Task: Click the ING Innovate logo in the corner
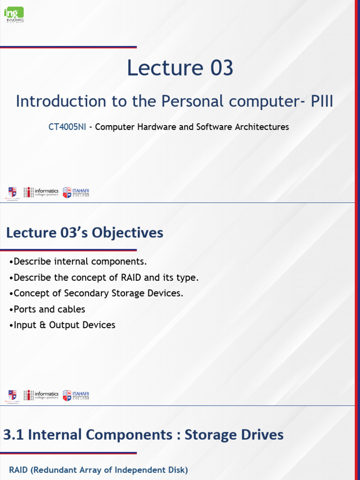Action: tap(14, 15)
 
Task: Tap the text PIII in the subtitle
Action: tap(322, 101)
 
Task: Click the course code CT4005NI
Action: tap(67, 127)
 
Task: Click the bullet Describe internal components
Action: tap(77, 262)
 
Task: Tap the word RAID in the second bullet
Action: tap(131, 277)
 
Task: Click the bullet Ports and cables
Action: tap(47, 309)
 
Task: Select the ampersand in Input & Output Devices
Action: tap(37, 325)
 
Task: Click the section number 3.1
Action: tap(13, 435)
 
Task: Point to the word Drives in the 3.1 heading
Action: tap(260, 435)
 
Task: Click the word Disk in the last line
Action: tap(176, 470)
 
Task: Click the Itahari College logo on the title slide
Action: tap(76, 192)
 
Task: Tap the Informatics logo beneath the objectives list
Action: tap(41, 395)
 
